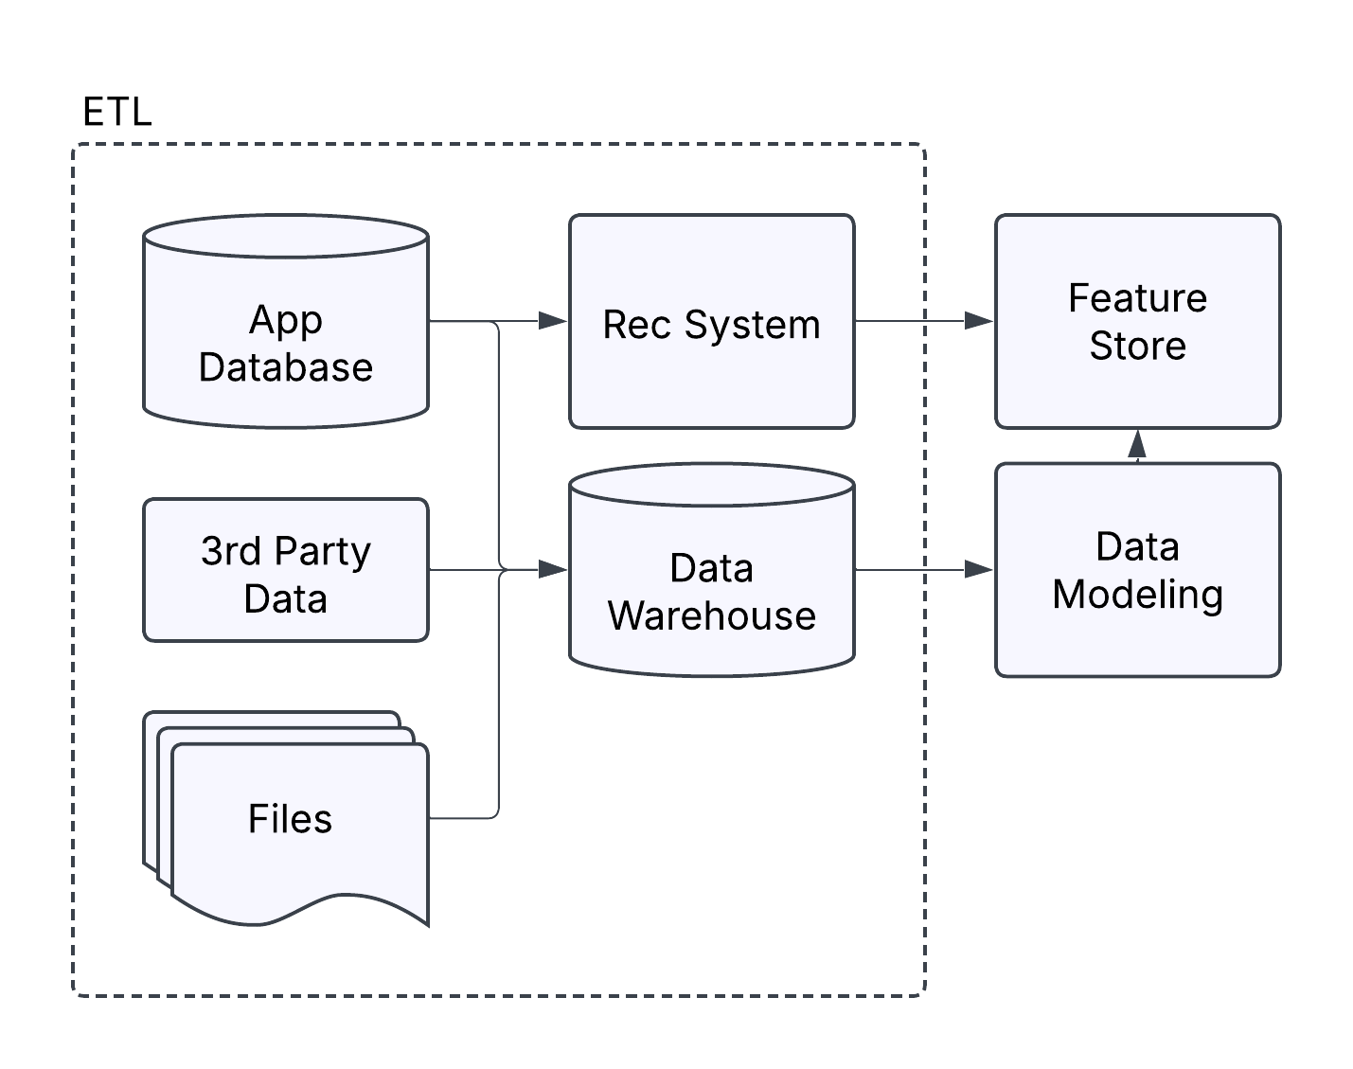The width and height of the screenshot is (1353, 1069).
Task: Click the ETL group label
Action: [x=116, y=113]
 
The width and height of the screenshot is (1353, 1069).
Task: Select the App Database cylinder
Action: [x=285, y=284]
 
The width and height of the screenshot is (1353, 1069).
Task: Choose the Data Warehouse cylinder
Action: [x=711, y=530]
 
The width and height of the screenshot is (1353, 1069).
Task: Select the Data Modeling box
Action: [x=1137, y=634]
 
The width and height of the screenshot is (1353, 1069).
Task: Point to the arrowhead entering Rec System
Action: [x=553, y=321]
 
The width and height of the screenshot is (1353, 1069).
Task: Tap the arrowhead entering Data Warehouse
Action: [x=553, y=570]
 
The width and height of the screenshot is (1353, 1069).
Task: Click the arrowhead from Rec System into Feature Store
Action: [x=979, y=321]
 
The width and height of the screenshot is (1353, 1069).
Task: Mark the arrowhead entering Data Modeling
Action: [x=979, y=570]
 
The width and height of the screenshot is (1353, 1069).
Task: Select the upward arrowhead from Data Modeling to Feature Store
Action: [x=1137, y=444]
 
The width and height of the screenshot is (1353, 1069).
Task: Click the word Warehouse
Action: [x=711, y=616]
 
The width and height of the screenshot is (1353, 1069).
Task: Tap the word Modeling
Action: [x=1137, y=595]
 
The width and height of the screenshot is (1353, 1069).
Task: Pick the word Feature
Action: [x=1137, y=298]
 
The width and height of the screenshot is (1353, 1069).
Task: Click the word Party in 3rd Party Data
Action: [x=324, y=552]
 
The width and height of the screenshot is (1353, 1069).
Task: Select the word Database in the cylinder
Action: [x=285, y=367]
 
